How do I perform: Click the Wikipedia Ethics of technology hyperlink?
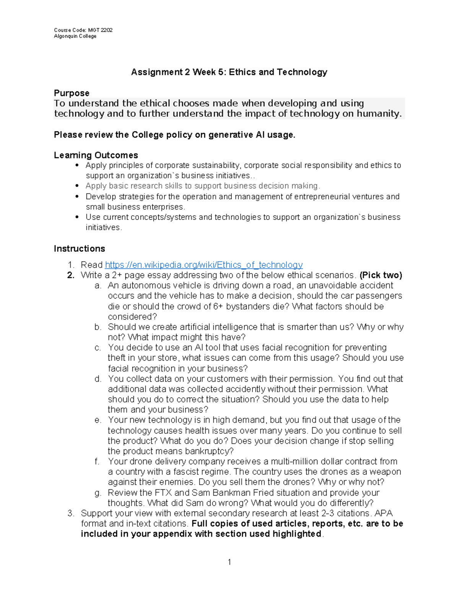coord(203,265)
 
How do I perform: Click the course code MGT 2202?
coord(100,30)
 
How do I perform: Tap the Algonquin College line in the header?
coord(75,36)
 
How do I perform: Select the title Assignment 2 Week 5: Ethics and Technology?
coord(229,72)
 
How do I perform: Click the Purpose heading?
coord(72,93)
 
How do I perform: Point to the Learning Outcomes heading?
coord(96,155)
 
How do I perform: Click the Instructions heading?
coord(79,249)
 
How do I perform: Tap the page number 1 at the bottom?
coord(229,562)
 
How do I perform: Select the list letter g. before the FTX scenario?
coord(98,493)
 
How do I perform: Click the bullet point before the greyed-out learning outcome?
coord(77,186)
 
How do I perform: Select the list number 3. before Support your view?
coord(71,513)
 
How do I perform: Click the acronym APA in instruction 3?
coord(384,513)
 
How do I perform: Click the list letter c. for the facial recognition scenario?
coord(98,348)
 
